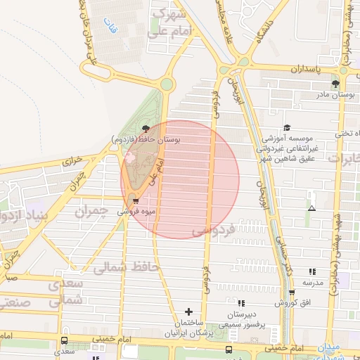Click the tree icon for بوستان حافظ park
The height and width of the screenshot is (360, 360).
[146, 128]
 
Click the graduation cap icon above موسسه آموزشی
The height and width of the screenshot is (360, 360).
[287, 127]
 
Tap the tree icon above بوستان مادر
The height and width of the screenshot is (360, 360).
[335, 84]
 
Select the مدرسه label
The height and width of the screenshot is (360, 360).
[312, 283]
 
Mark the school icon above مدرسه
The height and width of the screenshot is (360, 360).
[312, 271]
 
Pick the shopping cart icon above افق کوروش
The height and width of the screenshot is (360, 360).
[292, 292]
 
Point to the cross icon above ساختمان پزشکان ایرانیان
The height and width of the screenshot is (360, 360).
[188, 311]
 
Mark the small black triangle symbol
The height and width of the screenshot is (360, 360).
[311, 208]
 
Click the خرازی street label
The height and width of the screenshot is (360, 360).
[74, 161]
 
